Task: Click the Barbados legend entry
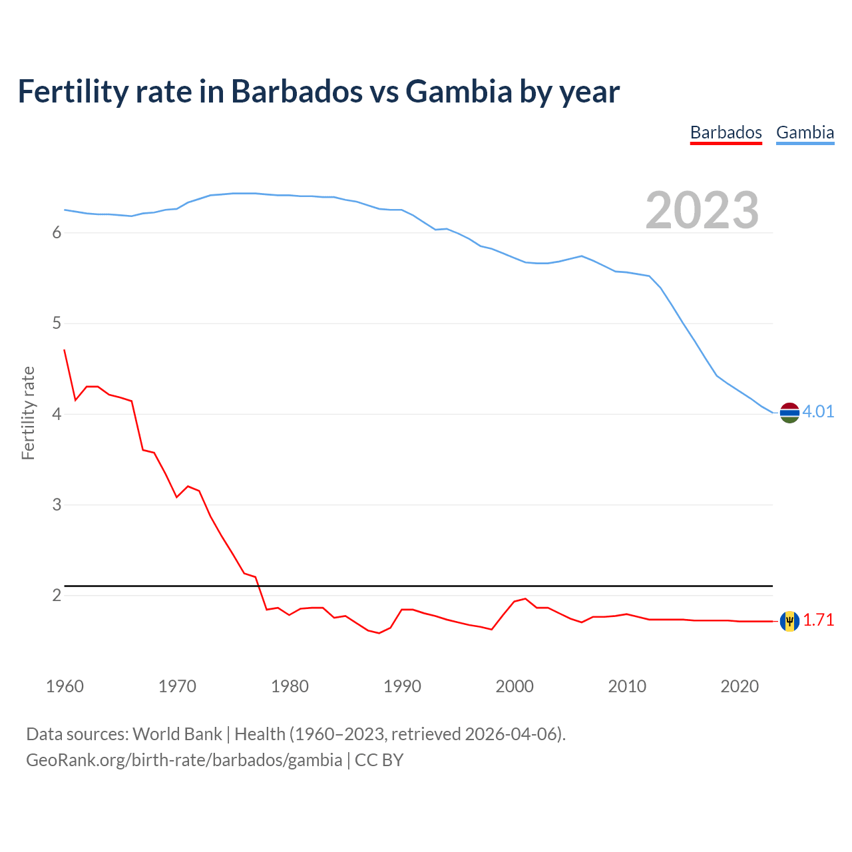726,132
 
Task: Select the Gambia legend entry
805,132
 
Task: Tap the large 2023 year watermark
702,210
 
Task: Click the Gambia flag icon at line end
789,413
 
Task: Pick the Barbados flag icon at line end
789,621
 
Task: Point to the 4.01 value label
818,411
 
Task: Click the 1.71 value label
818,620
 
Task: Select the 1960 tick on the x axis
65,686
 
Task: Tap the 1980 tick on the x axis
290,686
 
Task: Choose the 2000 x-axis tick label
515,686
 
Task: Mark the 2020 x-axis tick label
740,686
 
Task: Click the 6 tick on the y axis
57,233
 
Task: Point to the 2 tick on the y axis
57,595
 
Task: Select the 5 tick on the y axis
57,323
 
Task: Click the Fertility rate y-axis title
28,413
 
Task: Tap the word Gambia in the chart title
459,91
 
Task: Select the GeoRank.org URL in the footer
184,760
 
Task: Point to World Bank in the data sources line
177,734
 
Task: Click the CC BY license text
379,760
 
